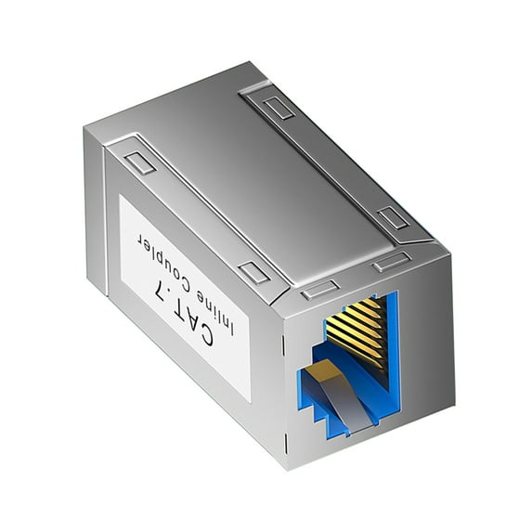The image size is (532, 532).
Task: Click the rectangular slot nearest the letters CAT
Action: coord(252,272)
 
